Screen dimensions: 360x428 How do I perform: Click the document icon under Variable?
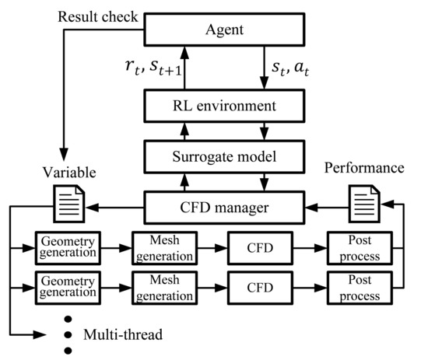coord(66,205)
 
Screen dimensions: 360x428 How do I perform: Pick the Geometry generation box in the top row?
coord(67,246)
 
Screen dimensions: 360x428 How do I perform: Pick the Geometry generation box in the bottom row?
coord(67,289)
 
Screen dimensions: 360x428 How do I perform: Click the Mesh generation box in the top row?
coord(163,246)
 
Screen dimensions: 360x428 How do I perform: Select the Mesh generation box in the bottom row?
coord(163,289)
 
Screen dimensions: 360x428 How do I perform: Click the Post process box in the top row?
coord(356,246)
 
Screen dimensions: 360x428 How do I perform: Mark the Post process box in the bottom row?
coord(356,289)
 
